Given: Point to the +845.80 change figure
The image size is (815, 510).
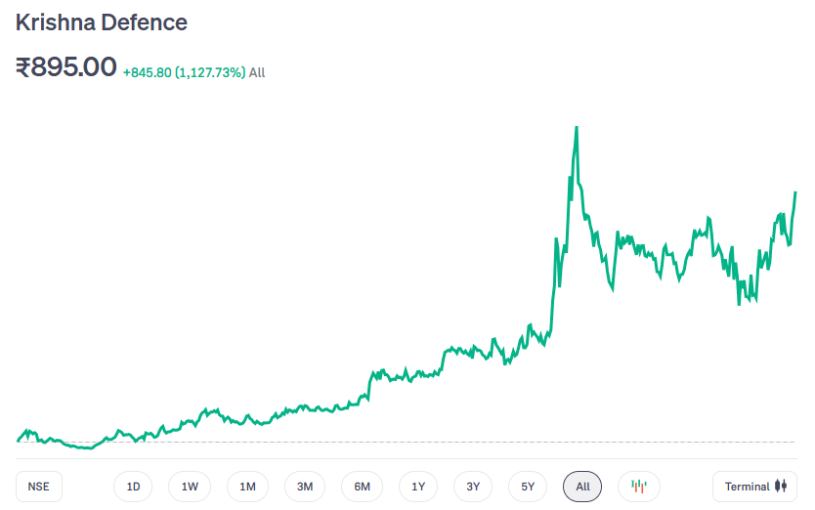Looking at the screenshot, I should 147,72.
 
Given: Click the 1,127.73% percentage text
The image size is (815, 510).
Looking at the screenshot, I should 210,72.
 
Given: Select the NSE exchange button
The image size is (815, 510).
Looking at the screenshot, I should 38,487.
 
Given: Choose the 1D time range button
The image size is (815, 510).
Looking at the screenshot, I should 133,487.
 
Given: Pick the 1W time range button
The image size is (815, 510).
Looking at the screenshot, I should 190,487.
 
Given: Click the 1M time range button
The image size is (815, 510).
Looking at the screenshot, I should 247,487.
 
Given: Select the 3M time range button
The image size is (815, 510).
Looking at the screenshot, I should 305,487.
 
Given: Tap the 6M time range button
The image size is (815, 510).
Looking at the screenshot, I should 362,487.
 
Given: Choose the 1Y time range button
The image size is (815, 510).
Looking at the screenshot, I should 418,487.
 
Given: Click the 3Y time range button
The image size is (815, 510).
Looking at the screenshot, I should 473,487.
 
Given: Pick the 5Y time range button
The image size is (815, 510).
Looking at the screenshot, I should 528,487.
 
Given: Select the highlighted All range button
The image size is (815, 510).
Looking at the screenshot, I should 582,487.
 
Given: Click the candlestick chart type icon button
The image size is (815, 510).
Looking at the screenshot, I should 639,487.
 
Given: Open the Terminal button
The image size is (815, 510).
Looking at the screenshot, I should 755,487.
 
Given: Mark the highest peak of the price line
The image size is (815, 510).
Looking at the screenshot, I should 577,128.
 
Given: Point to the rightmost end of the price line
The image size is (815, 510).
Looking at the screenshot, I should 795,192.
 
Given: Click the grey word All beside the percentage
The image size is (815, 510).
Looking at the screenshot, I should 257,72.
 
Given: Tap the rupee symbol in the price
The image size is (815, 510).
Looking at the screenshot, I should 23,67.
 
